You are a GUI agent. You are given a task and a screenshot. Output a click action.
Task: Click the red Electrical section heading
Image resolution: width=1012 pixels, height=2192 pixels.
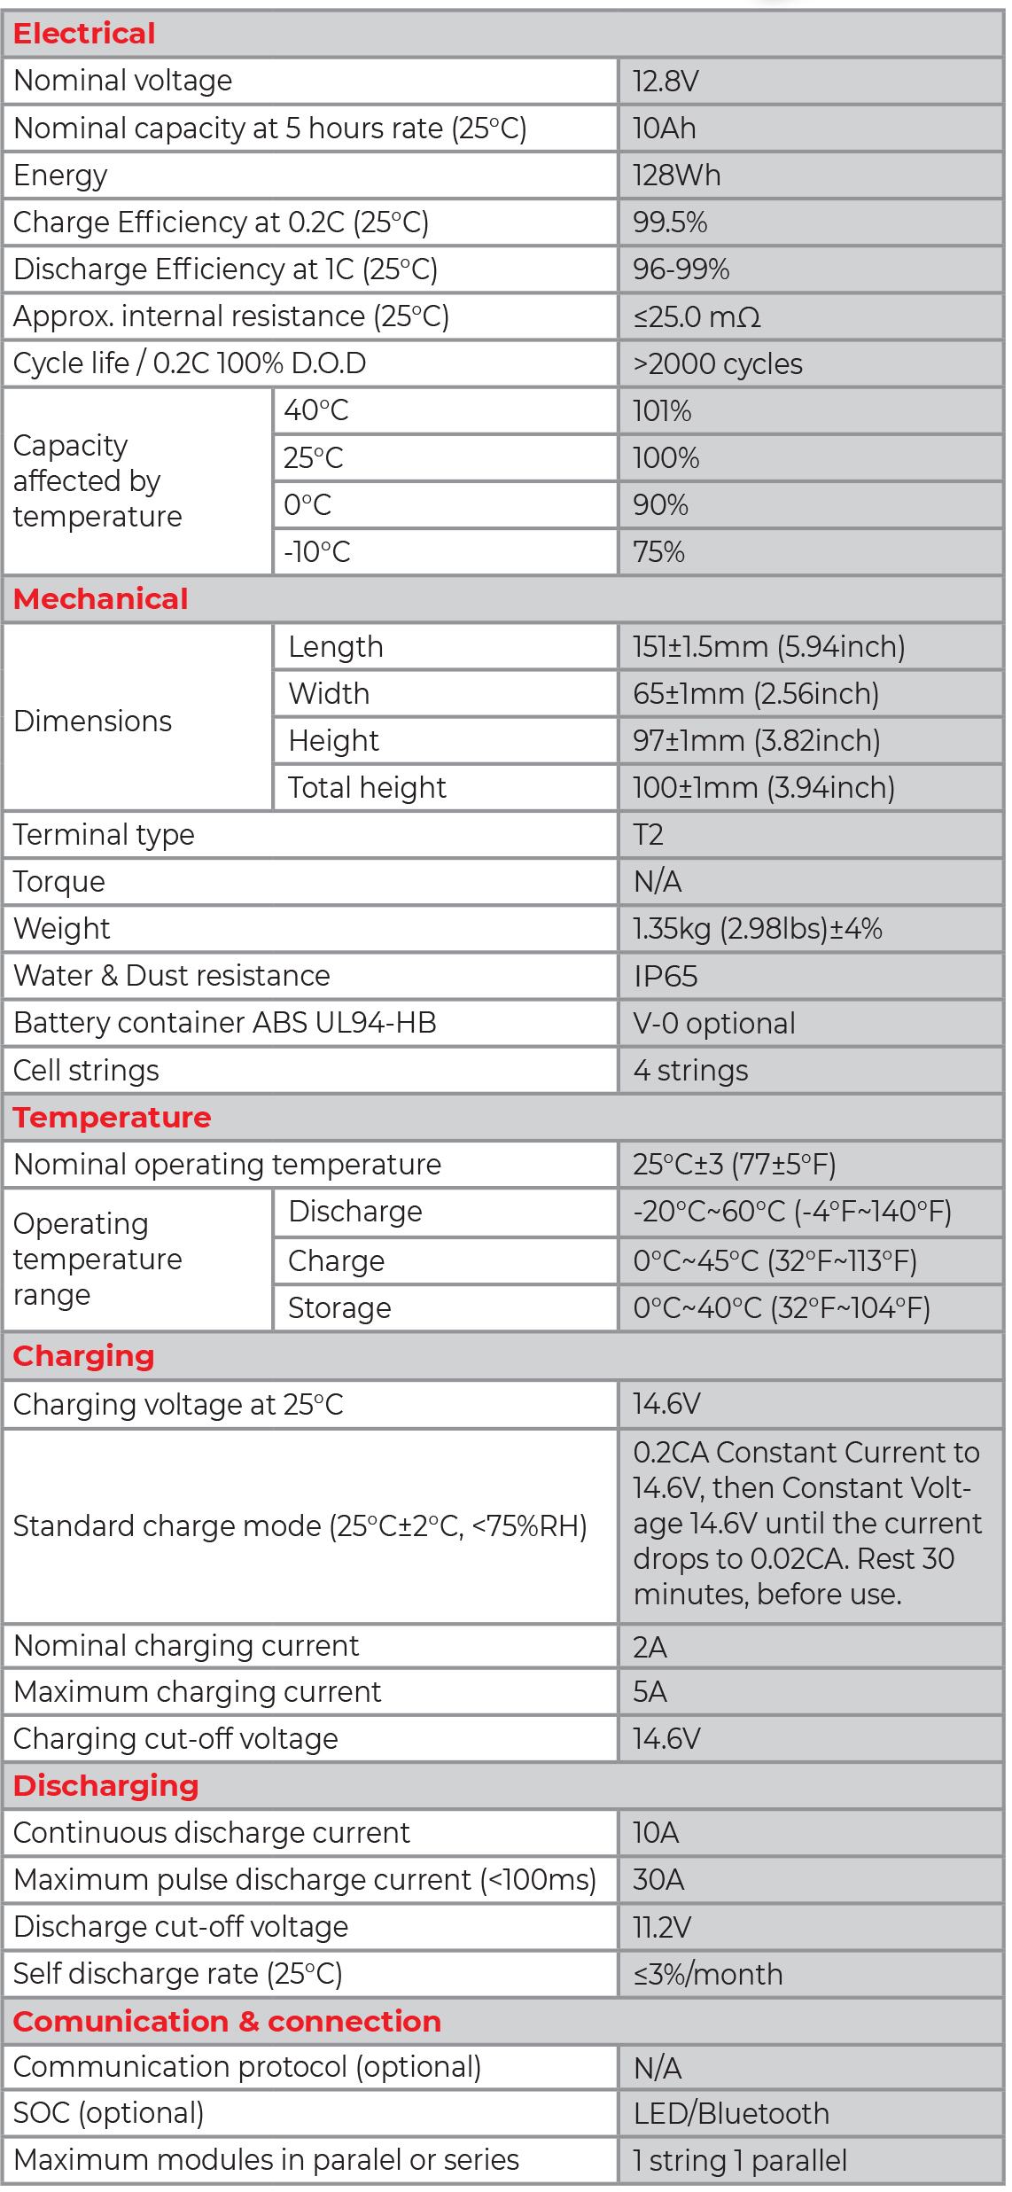pos(84,34)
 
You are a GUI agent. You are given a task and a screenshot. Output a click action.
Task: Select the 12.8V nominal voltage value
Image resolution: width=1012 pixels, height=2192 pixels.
pos(666,82)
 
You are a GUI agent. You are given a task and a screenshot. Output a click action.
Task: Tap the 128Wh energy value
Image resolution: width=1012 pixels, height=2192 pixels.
pos(676,176)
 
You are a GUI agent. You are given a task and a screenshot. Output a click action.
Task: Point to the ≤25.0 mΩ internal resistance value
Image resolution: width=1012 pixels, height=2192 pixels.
pos(697,317)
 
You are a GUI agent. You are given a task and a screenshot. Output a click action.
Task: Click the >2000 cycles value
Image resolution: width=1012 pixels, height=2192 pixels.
pos(717,364)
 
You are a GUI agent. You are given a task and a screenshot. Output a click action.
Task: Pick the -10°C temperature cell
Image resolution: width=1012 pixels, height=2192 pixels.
pos(316,552)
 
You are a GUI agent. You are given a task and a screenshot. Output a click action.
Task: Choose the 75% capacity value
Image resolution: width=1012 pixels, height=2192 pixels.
pos(658,552)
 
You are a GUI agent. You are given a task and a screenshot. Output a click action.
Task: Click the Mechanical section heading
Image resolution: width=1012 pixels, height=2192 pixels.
pos(100,599)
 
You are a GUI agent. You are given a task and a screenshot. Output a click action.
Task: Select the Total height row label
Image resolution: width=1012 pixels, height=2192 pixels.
pos(367,788)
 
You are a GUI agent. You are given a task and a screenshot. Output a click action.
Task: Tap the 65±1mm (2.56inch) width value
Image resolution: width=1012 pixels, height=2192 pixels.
pos(755,694)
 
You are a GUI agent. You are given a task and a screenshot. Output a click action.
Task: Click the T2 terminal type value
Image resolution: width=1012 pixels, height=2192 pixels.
pos(648,835)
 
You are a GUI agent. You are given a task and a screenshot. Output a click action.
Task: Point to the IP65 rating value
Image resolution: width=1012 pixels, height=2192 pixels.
pos(666,977)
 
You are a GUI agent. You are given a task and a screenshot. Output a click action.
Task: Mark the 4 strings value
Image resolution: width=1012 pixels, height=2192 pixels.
pos(690,1071)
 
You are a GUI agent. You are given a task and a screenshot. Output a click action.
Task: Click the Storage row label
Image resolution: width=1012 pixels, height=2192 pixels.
pos(339,1308)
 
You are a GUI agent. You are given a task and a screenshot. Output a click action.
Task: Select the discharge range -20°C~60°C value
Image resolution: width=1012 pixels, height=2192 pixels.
pos(791,1212)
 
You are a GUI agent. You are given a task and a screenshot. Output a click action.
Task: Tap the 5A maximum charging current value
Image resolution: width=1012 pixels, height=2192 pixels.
pos(650,1692)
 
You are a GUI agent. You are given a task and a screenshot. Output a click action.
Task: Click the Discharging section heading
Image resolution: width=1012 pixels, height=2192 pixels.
pos(105,1785)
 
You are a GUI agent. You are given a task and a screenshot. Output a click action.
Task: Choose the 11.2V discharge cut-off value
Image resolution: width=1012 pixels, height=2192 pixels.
pos(662,1927)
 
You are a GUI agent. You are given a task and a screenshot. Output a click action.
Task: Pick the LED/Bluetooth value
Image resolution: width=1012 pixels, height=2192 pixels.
pos(731,2114)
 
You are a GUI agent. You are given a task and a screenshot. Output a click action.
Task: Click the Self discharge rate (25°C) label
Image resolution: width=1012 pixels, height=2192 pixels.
pos(177,1974)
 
